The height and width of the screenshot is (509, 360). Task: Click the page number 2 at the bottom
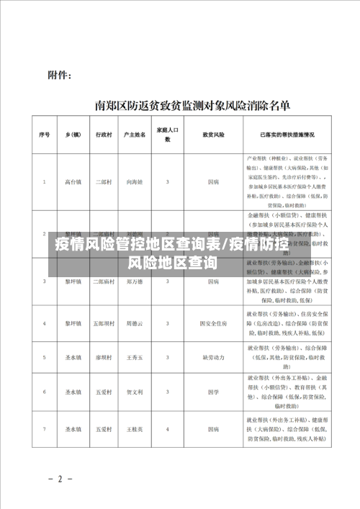(60, 478)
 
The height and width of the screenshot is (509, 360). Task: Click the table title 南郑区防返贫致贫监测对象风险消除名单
(193, 105)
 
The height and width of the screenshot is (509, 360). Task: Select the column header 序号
(44, 135)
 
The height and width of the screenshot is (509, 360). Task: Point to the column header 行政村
(104, 135)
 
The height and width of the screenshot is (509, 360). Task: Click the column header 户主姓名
(135, 135)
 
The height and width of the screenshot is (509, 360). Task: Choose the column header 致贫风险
(213, 135)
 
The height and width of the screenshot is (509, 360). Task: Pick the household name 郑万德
(135, 282)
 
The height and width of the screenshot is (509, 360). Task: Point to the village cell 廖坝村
(104, 356)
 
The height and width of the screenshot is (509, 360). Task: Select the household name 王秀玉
(135, 356)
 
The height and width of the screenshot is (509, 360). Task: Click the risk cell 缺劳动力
(213, 356)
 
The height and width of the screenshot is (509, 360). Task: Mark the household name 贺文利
(135, 392)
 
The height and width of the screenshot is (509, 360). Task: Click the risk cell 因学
(213, 392)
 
